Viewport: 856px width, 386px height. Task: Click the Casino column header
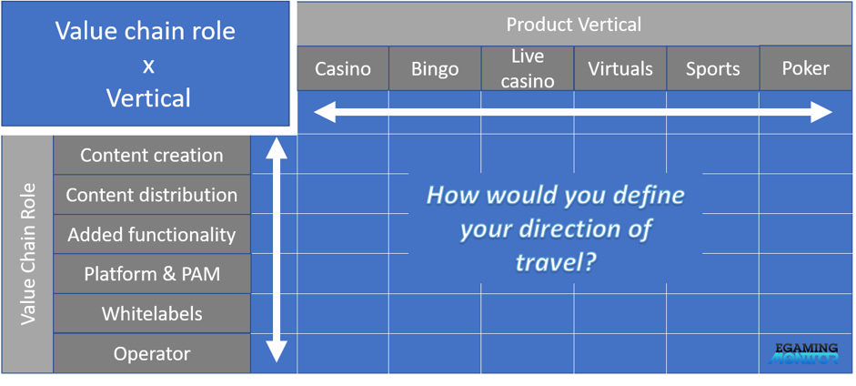[343, 68]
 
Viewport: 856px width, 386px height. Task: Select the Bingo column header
[435, 68]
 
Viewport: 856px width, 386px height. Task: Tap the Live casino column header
[528, 68]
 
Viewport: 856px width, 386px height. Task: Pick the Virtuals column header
[620, 68]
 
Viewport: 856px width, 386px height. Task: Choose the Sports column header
[713, 68]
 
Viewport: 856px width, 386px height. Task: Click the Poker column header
[806, 67]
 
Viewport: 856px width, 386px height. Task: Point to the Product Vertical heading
[574, 24]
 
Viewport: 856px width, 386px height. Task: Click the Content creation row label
[152, 155]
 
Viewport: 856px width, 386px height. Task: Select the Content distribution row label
[152, 195]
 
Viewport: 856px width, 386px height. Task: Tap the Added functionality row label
[152, 235]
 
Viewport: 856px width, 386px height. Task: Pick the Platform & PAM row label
[152, 274]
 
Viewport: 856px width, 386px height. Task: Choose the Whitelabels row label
[152, 314]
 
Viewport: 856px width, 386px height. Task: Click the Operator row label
[152, 354]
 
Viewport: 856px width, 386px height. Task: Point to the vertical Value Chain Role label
[28, 254]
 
